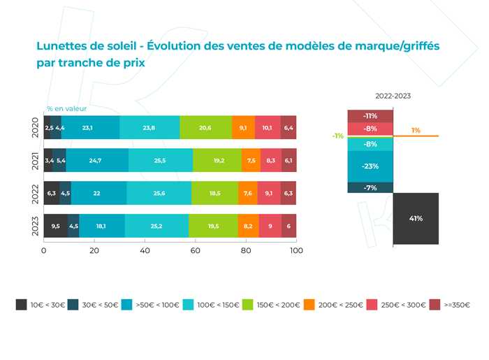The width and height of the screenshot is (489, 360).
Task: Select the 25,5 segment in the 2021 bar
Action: [x=160, y=161]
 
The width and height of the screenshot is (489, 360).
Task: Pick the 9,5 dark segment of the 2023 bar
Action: [x=56, y=226]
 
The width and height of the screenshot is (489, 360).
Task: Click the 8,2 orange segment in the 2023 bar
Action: [x=248, y=226]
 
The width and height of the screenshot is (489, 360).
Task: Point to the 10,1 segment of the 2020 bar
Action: [x=268, y=129]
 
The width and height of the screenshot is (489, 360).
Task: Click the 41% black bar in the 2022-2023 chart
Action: [x=416, y=219]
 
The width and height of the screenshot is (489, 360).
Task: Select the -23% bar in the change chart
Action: [x=370, y=166]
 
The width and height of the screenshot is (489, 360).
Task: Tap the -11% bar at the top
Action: [x=370, y=116]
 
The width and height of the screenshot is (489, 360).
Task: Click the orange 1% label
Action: [x=416, y=130]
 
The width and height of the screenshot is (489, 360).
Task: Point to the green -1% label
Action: [x=338, y=136]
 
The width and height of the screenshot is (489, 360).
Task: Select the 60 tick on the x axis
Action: [x=196, y=250]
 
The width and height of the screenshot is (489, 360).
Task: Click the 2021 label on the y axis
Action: [x=36, y=161]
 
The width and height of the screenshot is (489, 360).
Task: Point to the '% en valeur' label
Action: [x=66, y=108]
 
